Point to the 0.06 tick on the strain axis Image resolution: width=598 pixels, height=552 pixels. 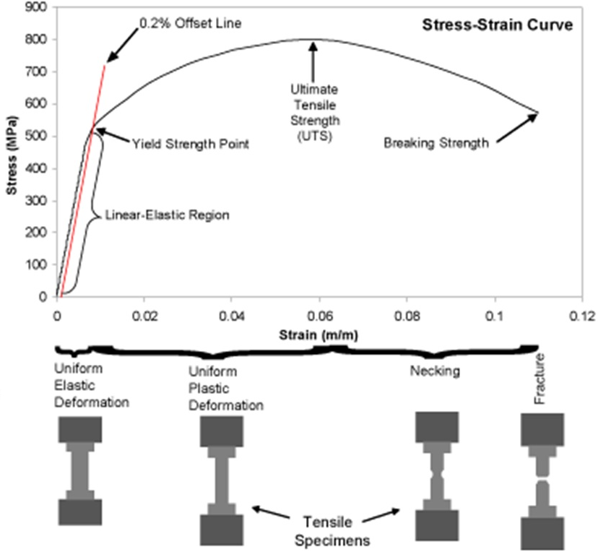[319, 316]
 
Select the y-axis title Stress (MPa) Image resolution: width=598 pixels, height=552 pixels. [11, 152]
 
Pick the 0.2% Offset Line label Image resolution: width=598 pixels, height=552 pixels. [190, 23]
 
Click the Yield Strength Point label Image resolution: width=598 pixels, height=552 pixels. [191, 145]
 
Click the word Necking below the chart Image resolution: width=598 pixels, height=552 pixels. [435, 371]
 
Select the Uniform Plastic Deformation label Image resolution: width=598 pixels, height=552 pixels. [225, 389]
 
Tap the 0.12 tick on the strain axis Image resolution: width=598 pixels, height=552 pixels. [581, 316]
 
